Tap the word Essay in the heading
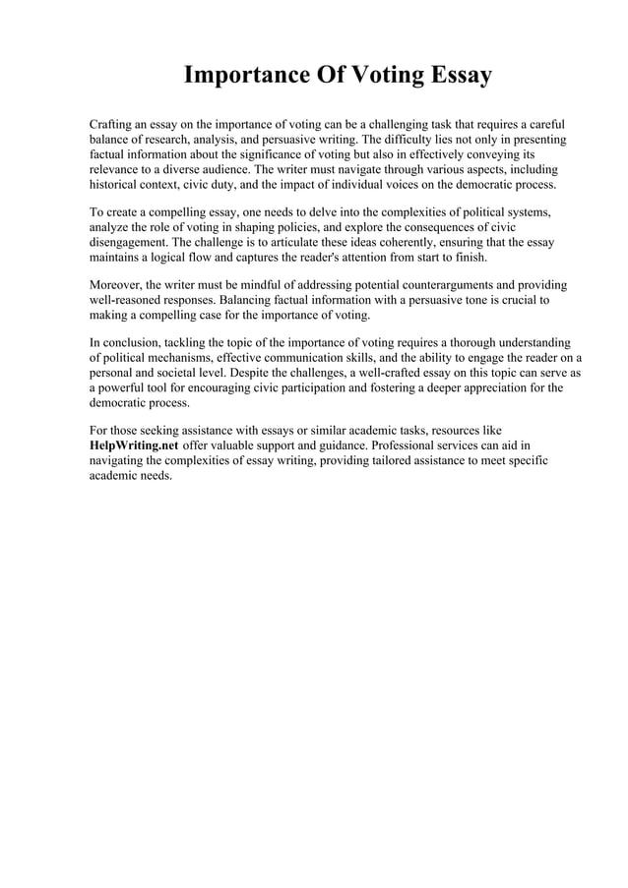point(457,76)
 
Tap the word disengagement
point(133,242)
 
